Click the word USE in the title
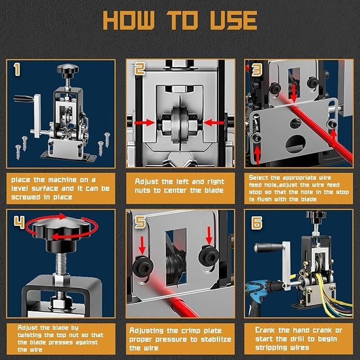click(233, 20)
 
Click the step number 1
click(17, 69)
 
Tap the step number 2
click(140, 69)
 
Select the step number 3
click(257, 69)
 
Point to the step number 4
click(19, 222)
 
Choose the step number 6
click(257, 223)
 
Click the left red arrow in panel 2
click(144, 123)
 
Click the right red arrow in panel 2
click(214, 123)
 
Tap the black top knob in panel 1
click(68, 70)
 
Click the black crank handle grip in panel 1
click(24, 99)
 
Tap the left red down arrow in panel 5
click(142, 245)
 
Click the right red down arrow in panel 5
click(209, 236)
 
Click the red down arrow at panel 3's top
click(294, 94)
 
